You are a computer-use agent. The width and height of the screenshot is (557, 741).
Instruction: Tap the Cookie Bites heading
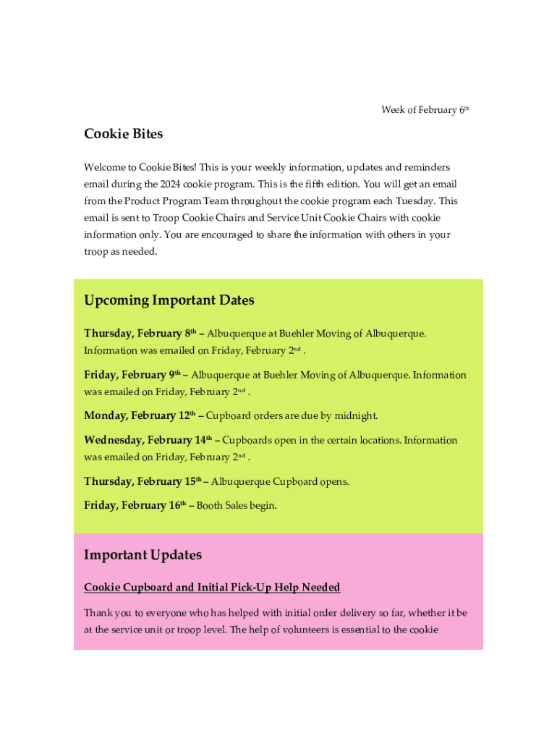(124, 134)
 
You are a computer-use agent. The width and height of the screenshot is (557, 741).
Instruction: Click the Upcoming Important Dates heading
(169, 300)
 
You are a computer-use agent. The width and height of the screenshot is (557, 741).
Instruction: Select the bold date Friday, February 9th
(132, 375)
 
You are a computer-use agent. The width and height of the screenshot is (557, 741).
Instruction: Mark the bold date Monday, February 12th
(140, 415)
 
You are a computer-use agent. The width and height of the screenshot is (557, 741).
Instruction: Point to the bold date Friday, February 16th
(135, 505)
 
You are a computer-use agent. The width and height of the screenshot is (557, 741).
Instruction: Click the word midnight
(354, 416)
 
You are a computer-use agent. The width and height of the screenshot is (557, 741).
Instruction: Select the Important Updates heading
(143, 555)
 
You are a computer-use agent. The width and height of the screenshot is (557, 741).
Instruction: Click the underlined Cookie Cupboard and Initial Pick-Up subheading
(212, 587)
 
